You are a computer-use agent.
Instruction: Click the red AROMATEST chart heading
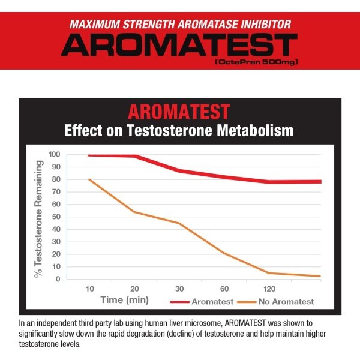click(x=179, y=112)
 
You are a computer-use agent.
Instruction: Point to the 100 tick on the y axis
click(x=54, y=154)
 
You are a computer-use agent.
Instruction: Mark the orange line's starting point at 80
click(x=89, y=179)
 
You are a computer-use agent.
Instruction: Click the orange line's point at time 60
click(x=224, y=253)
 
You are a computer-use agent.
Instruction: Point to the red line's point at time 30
click(x=179, y=170)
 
